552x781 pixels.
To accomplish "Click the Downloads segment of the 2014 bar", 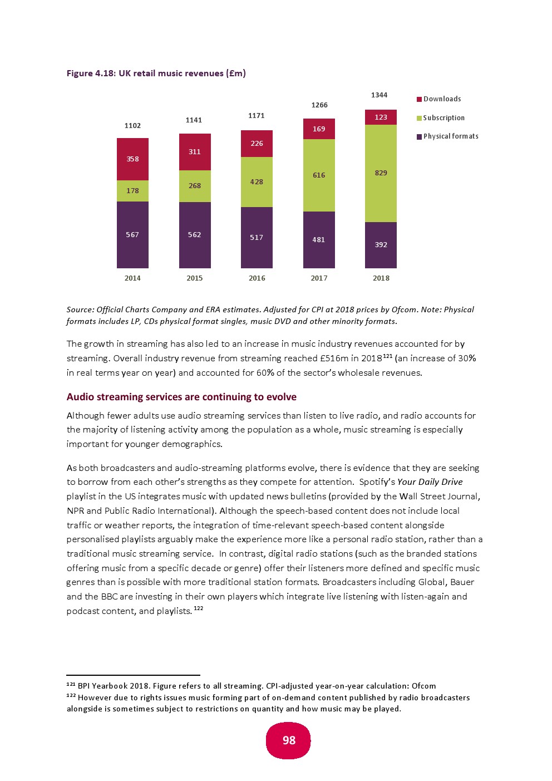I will (x=132, y=159).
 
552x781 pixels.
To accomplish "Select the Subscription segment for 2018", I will (x=381, y=173).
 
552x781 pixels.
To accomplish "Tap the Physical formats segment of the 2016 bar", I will (x=257, y=238).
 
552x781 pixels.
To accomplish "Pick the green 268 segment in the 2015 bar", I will (x=195, y=186).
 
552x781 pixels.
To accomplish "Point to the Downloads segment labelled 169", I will (x=319, y=129).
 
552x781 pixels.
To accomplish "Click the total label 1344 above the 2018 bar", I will (x=379, y=95).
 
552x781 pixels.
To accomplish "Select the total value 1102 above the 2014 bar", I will (x=132, y=126).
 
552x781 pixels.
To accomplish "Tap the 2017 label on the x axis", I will (x=319, y=278).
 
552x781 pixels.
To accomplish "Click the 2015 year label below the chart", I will (x=195, y=278).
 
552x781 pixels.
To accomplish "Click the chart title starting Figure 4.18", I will (x=156, y=73).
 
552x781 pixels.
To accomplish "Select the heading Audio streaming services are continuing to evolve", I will (x=181, y=397).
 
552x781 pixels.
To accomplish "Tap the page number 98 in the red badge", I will (x=289, y=740).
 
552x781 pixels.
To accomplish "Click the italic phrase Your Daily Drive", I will (x=430, y=482).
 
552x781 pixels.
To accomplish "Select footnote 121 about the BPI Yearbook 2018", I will (x=251, y=686).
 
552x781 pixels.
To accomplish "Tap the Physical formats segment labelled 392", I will (x=381, y=245).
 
